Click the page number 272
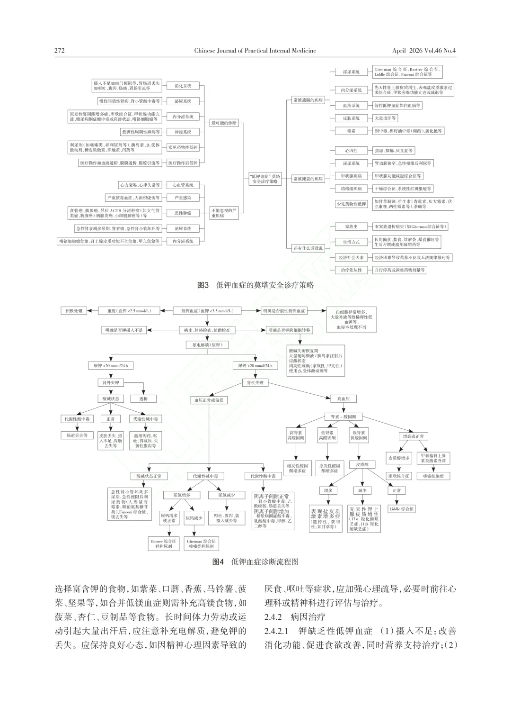point(60,51)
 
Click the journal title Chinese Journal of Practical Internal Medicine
point(255,51)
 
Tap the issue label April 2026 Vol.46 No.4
point(427,51)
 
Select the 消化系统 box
point(183,86)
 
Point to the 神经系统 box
point(183,132)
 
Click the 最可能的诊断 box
point(225,123)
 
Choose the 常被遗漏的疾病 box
point(308,100)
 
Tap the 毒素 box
point(351,131)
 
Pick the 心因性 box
point(351,151)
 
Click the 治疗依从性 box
point(351,270)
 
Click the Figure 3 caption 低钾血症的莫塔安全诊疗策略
point(255,285)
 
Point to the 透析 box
point(143,399)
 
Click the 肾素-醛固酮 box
point(344,417)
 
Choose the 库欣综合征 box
point(398,476)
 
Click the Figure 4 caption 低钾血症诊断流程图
point(255,562)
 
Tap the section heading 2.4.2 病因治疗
point(302,617)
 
